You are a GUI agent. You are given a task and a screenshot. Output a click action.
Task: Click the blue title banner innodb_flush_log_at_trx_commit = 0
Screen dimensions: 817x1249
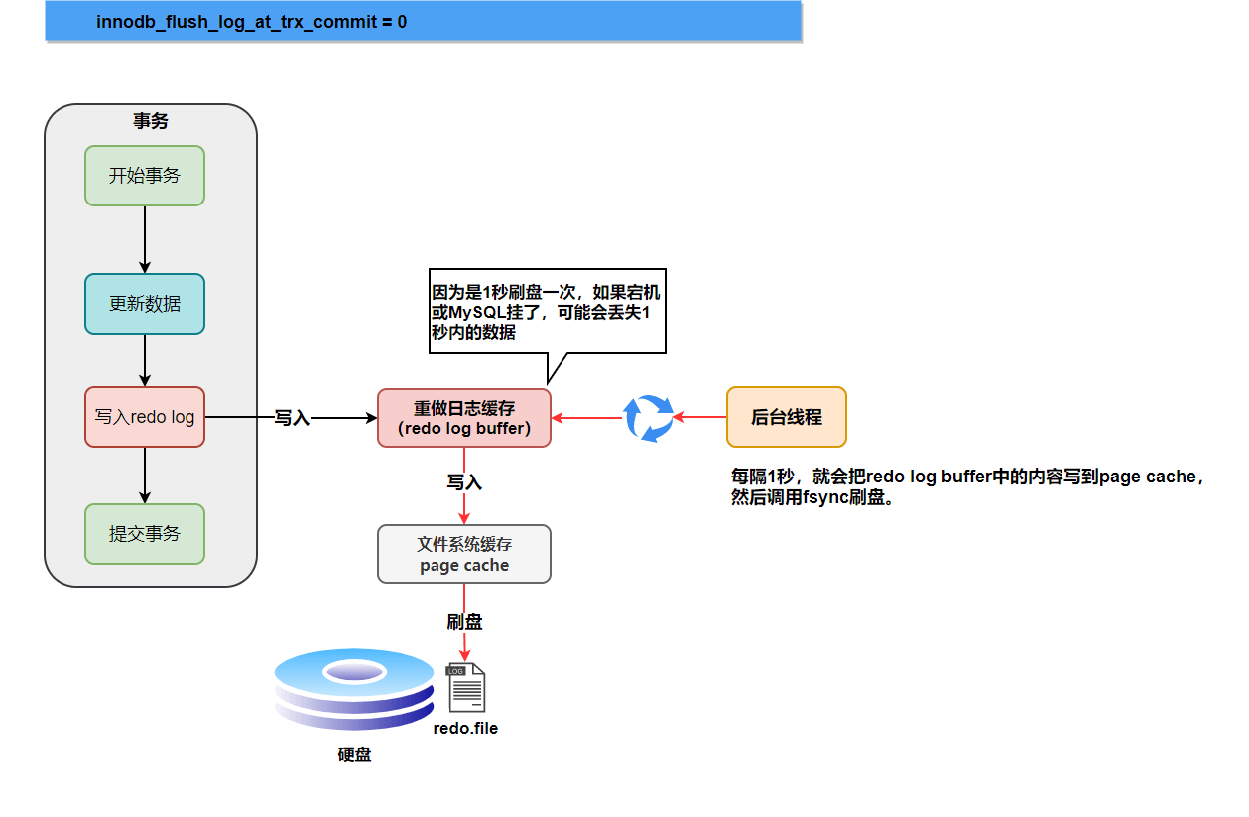[x=423, y=21]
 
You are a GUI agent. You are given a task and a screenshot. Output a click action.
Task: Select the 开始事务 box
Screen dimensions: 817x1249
[x=145, y=176]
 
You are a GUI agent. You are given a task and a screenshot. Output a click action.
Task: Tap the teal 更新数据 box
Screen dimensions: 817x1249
[x=145, y=304]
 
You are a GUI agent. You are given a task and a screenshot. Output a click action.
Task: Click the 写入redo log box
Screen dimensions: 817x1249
[x=145, y=417]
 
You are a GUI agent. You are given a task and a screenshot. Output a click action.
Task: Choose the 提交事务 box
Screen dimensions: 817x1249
[x=145, y=534]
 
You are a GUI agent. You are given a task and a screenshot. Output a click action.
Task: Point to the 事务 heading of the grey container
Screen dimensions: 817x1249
[x=151, y=121]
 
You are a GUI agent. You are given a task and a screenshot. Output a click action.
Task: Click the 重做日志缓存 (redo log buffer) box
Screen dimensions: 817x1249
[x=464, y=418]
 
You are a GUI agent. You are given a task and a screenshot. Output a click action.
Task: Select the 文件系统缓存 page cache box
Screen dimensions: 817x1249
[x=464, y=554]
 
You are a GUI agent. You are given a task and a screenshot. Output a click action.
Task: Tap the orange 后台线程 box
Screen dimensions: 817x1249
[x=787, y=417]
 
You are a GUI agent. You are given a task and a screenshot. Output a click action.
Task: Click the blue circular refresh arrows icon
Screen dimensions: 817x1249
[x=648, y=418]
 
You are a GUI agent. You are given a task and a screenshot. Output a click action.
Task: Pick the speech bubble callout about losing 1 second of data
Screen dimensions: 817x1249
[x=547, y=311]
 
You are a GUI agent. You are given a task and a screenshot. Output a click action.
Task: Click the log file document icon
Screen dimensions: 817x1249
[x=466, y=687]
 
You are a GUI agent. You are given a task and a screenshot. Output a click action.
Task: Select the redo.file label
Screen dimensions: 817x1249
[x=465, y=729]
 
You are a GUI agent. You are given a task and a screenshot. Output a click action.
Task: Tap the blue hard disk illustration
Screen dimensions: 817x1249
[x=354, y=691]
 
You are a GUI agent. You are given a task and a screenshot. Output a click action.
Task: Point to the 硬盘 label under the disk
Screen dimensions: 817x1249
[x=354, y=755]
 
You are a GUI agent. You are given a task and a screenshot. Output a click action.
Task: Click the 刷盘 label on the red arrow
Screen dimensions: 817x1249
[x=464, y=622]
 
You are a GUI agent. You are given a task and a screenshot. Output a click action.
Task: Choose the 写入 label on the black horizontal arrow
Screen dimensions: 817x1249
[x=292, y=418]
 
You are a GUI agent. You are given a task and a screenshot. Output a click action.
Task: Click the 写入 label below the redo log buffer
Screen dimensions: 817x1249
[x=464, y=482]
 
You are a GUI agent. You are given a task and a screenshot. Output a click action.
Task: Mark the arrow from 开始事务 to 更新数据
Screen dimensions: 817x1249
[x=145, y=239]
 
